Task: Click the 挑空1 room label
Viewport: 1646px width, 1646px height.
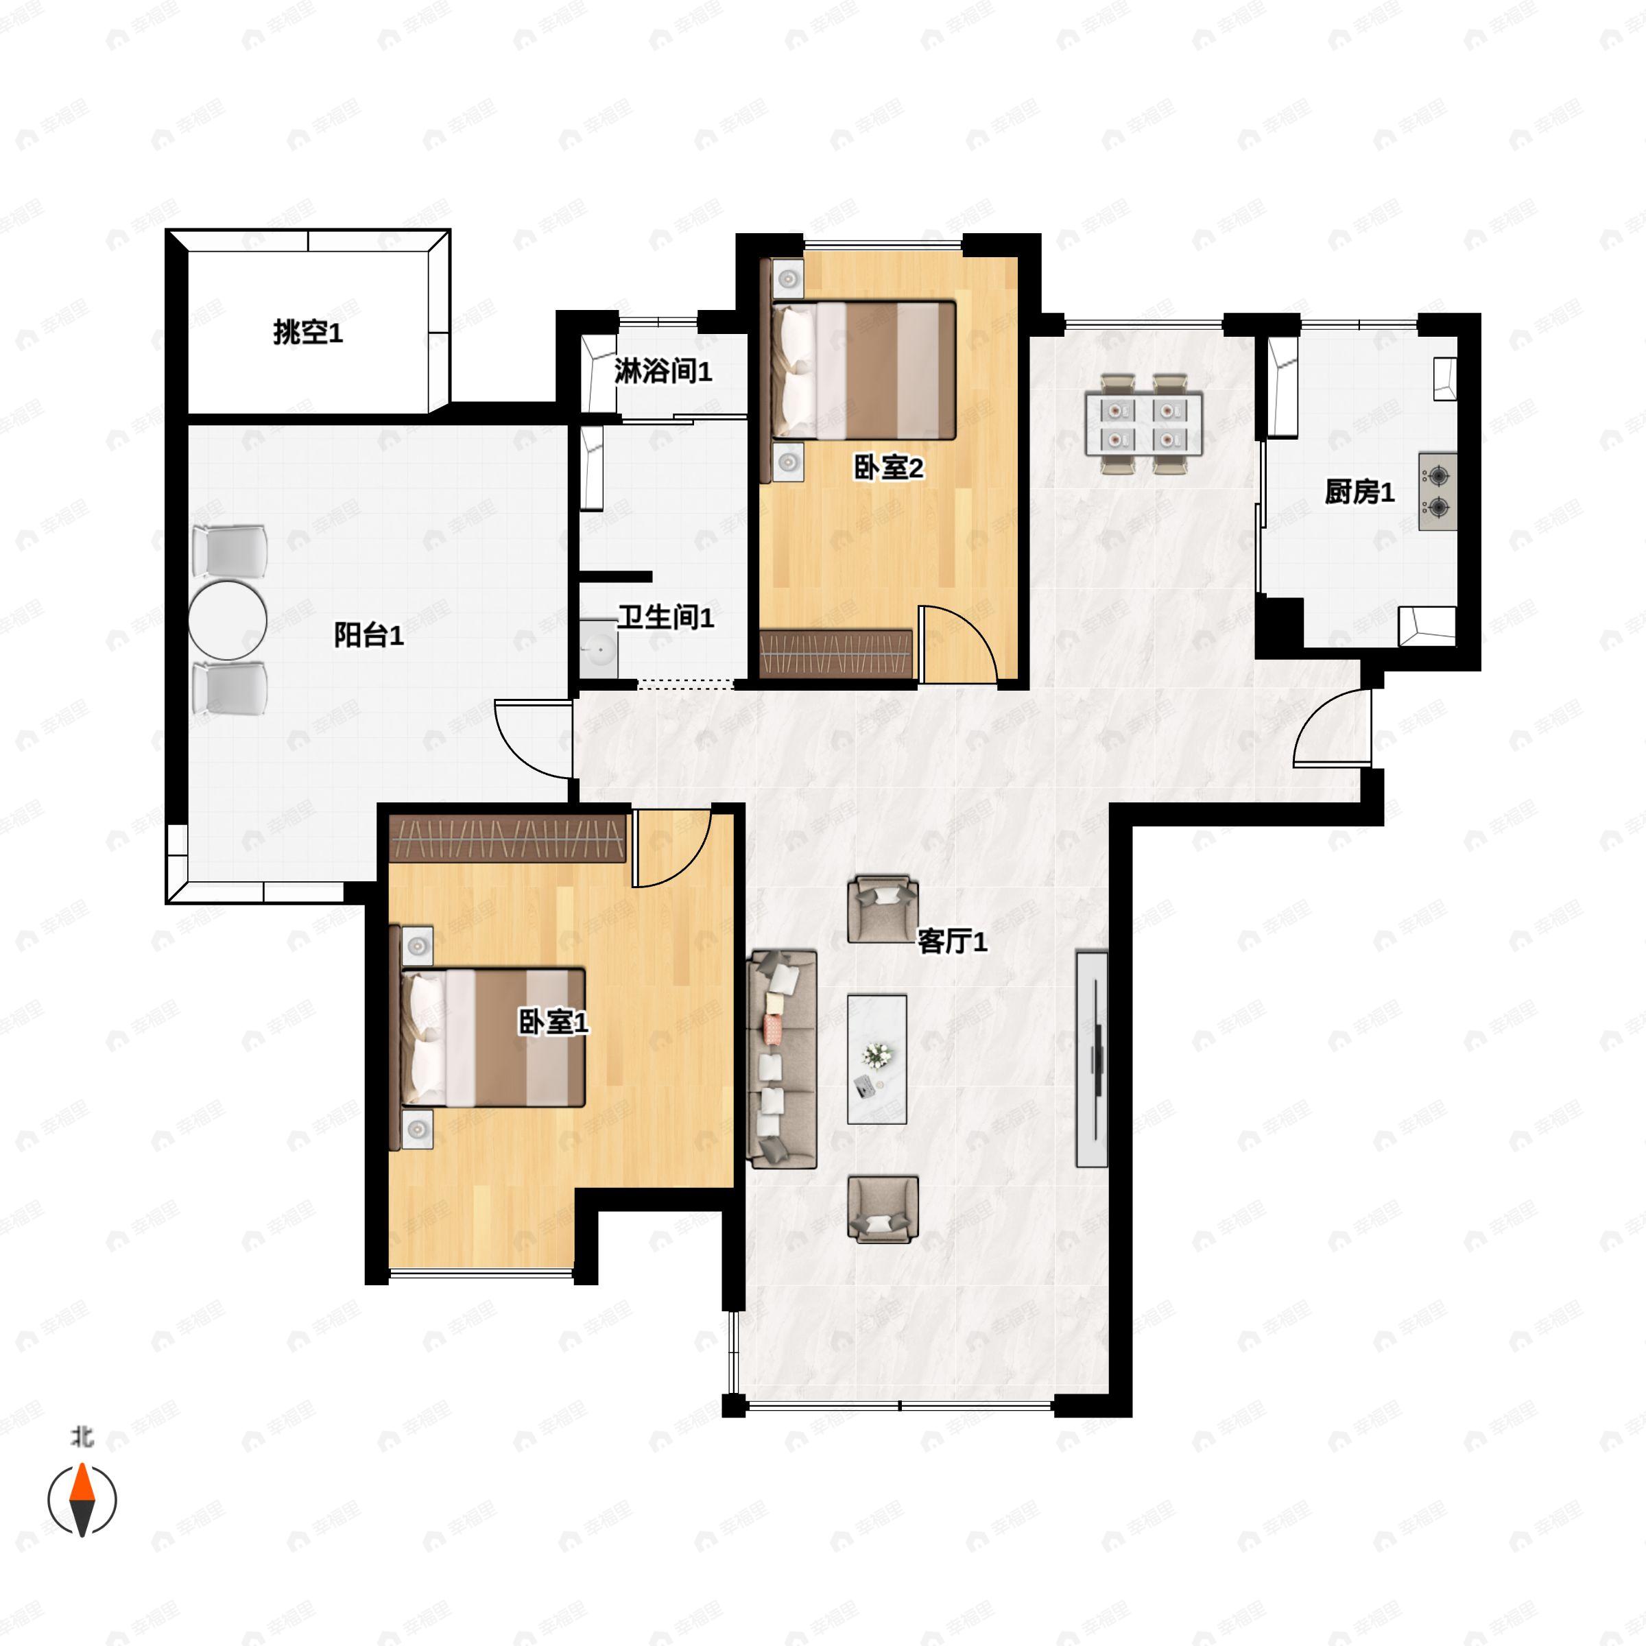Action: pos(307,331)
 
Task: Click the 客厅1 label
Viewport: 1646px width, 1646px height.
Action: pos(952,942)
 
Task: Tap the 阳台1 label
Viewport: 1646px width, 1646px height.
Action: pos(368,634)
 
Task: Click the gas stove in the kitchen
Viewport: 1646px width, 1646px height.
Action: pos(1438,492)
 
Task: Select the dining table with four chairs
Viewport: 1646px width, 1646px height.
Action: pos(1143,423)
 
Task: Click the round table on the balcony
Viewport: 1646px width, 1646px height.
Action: pos(228,619)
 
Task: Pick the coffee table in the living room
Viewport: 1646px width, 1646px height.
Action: pos(876,1059)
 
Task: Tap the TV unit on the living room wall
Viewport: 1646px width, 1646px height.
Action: pos(1093,1059)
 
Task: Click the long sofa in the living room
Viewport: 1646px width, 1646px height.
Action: pos(781,1059)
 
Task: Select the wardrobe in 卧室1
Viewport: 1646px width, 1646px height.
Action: pos(508,838)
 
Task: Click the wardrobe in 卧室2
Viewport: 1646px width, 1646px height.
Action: pos(836,654)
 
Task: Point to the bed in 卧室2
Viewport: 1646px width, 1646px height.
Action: pos(863,370)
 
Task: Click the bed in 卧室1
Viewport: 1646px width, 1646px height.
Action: pos(492,1037)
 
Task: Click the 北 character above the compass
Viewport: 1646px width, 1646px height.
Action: pos(82,1438)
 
